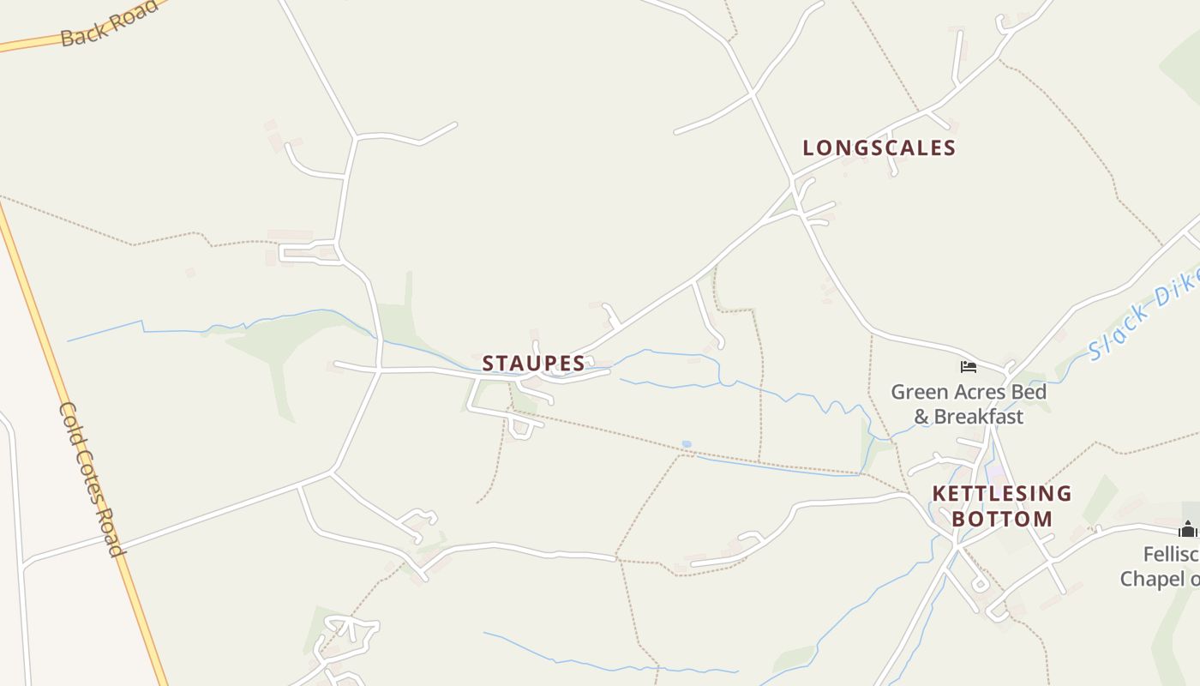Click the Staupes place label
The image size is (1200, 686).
tap(533, 364)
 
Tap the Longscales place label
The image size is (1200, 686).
tap(879, 147)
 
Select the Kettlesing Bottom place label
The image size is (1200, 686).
tap(1001, 506)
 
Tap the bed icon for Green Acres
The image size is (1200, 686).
tap(969, 367)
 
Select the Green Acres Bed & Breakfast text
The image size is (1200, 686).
tap(969, 404)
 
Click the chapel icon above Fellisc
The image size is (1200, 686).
tap(1187, 528)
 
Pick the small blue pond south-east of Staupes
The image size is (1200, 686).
tap(686, 444)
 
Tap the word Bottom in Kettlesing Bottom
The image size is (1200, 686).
tap(1001, 519)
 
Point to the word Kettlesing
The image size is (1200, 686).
tap(1001, 493)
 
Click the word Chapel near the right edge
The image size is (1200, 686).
tap(1153, 580)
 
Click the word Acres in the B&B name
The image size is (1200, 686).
tap(972, 392)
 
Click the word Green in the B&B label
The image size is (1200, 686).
tap(918, 392)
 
